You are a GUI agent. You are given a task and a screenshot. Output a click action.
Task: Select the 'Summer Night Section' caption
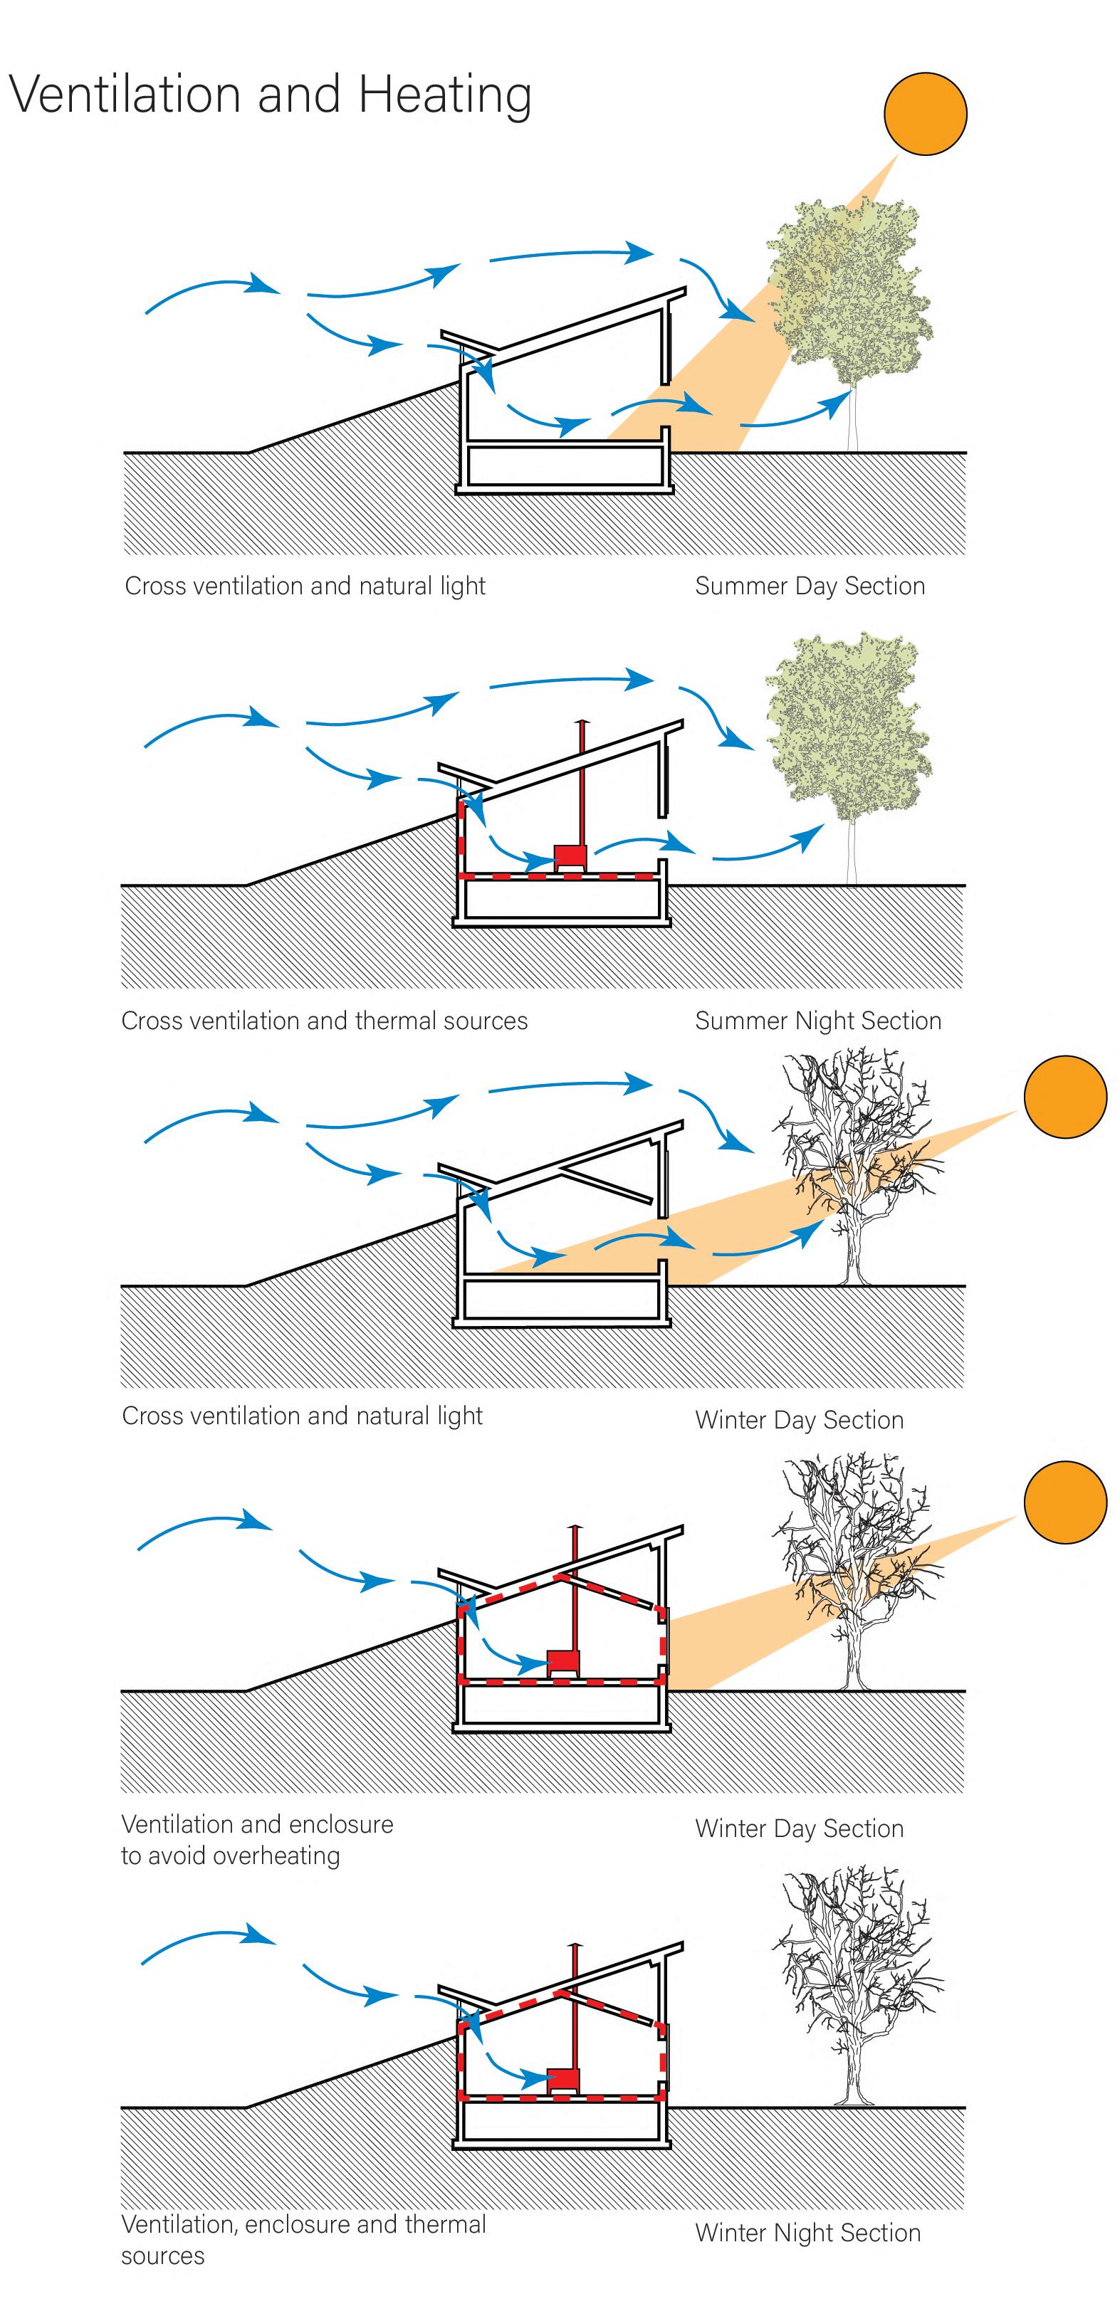click(x=817, y=1020)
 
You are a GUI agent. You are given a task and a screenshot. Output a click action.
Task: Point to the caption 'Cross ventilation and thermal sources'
click(x=325, y=1020)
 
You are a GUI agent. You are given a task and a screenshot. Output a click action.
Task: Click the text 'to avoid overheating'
click(x=231, y=1856)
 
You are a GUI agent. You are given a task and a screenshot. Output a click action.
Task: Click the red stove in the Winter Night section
click(x=564, y=2080)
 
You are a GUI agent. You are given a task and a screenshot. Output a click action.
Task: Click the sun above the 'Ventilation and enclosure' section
click(x=1065, y=1502)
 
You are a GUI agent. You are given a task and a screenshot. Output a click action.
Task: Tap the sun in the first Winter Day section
click(x=1065, y=1097)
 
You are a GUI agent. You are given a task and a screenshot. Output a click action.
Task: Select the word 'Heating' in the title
click(x=444, y=95)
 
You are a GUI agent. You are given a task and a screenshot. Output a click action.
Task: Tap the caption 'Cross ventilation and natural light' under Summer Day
click(x=305, y=586)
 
